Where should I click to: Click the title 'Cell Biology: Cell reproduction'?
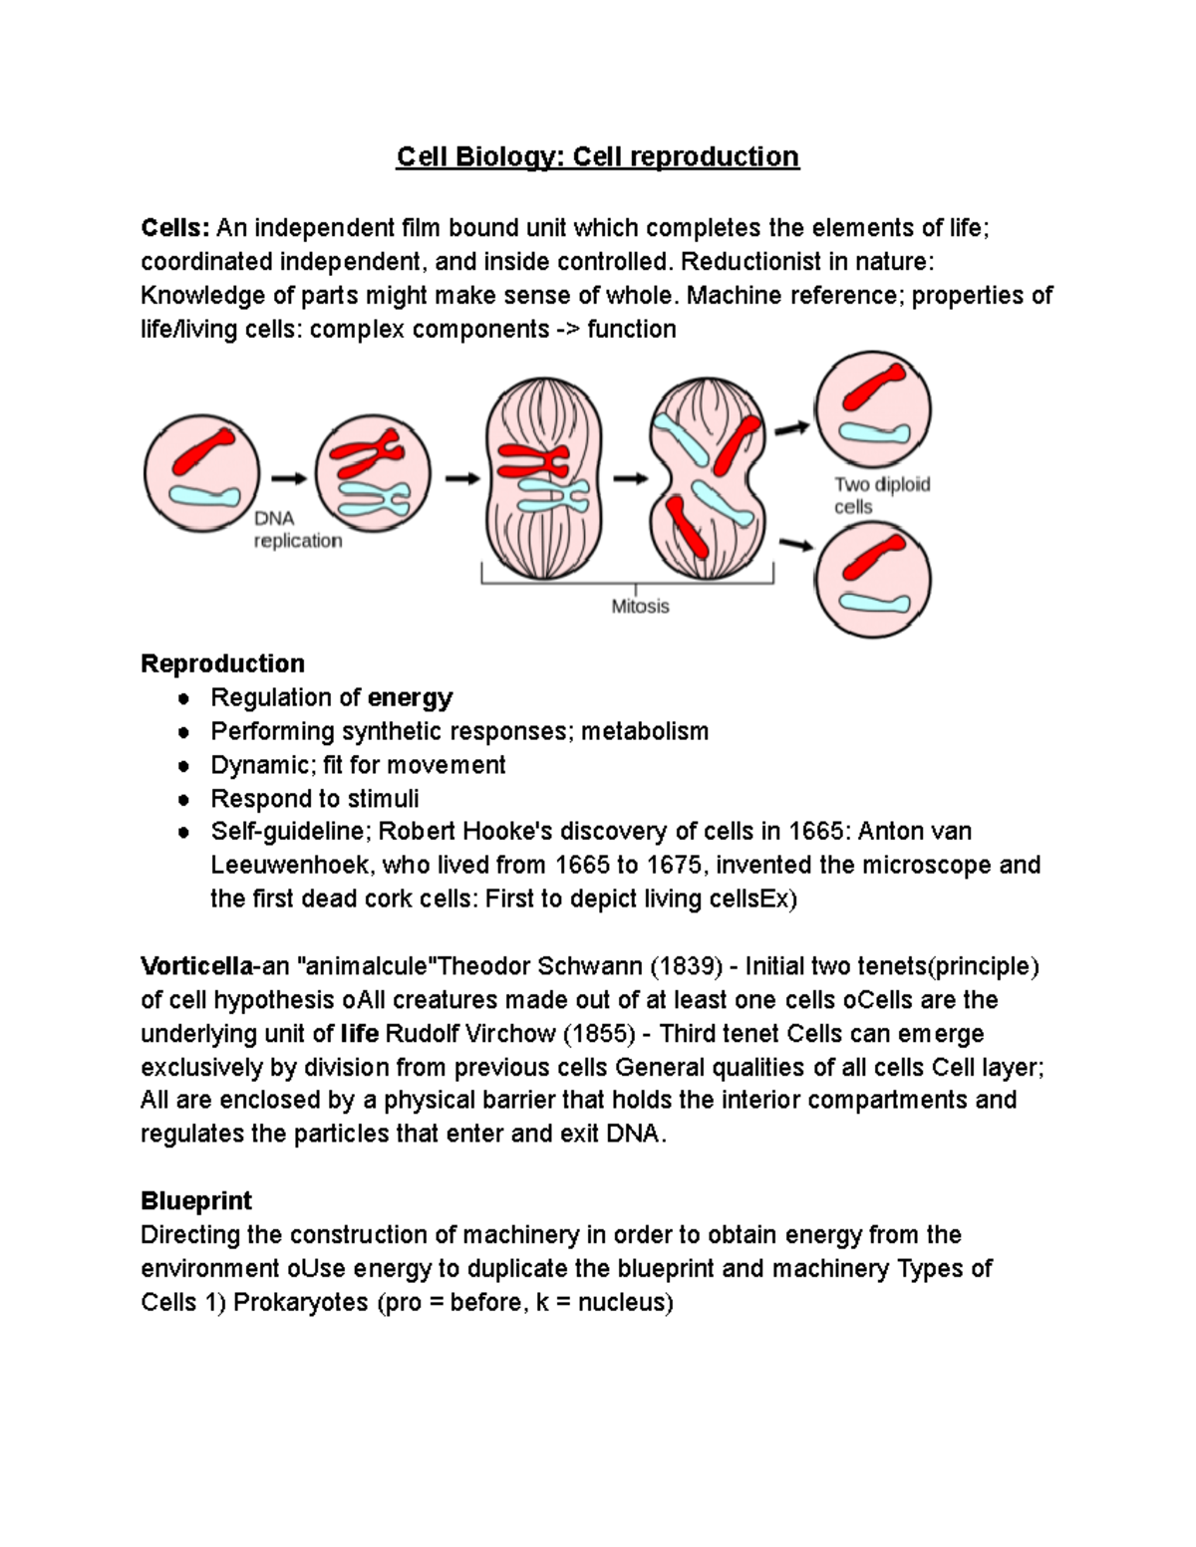(597, 157)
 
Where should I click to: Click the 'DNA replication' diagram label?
(297, 530)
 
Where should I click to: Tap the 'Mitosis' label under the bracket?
(640, 606)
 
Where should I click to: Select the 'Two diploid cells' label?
(881, 495)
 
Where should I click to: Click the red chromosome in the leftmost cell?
(204, 452)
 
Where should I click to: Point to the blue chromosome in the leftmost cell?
(204, 495)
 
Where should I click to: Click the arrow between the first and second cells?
(289, 478)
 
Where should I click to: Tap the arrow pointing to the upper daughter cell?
(793, 428)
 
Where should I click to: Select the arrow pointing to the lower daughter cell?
(794, 544)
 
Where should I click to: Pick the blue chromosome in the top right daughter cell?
(874, 433)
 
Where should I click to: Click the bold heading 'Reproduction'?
(222, 663)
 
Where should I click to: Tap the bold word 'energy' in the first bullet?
(410, 697)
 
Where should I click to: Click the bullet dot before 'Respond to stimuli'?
(183, 799)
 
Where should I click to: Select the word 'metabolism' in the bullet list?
(645, 731)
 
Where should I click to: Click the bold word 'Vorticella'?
(196, 966)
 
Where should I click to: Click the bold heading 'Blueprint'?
(196, 1200)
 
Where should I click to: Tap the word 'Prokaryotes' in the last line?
(300, 1302)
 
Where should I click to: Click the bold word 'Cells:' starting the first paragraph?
(175, 228)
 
